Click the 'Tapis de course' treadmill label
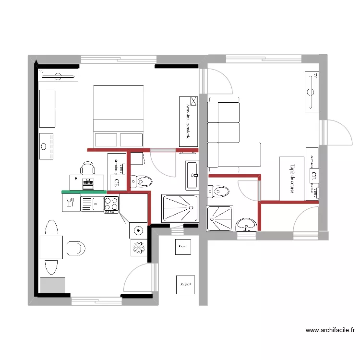[x=292, y=178]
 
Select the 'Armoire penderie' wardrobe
[x=189, y=121]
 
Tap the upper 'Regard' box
[x=182, y=246]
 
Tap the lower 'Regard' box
[x=185, y=284]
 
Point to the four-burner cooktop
[x=111, y=204]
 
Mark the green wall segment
[x=84, y=192]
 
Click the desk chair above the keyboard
[x=87, y=168]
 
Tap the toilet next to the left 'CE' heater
[x=142, y=181]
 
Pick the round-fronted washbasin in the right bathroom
[x=247, y=224]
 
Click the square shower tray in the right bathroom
[x=219, y=218]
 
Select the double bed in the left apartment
[x=118, y=115]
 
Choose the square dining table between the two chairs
[x=51, y=247]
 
